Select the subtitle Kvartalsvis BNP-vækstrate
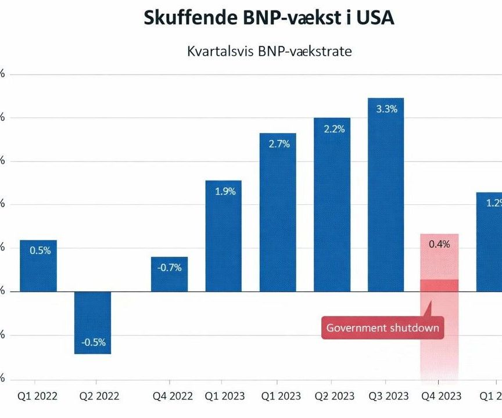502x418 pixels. pos(269,51)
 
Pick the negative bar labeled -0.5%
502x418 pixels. pos(93,322)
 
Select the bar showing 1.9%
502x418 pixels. pos(223,236)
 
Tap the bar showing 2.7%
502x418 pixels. pos(278,212)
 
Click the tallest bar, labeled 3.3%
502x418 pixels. pos(386,194)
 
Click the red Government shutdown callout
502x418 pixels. pos(383,328)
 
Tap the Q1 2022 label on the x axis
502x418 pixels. pos(38,396)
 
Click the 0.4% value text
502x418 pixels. pos(439,244)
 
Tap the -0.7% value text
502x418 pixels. pos(169,268)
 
